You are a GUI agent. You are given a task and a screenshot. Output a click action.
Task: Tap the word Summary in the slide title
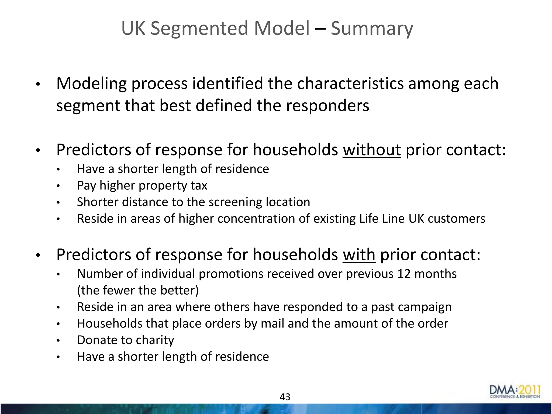(372, 29)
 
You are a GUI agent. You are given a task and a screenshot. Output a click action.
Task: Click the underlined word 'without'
(372, 150)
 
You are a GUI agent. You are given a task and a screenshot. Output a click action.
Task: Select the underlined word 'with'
(359, 255)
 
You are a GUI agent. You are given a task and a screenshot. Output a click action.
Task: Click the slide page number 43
(285, 397)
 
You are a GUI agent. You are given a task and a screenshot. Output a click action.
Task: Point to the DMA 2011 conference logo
(515, 392)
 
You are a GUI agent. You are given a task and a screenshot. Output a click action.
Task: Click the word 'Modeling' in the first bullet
(91, 84)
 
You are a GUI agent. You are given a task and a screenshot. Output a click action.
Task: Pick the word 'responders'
(327, 105)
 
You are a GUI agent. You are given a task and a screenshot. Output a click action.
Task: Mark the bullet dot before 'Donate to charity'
(58, 341)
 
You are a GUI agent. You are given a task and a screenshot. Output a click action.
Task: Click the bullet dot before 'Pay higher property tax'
(58, 186)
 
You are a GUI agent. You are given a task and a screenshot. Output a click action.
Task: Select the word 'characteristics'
(350, 84)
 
